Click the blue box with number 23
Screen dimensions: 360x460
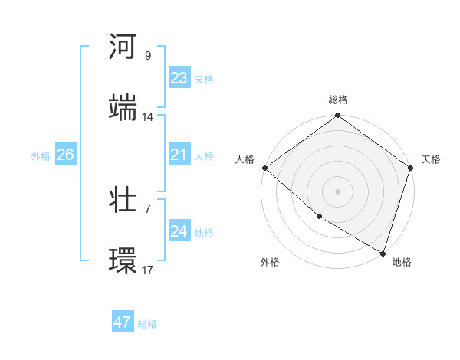(x=179, y=78)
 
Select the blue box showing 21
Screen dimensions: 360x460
(x=179, y=155)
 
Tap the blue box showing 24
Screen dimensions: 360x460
(x=179, y=231)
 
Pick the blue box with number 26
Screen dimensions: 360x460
(x=65, y=155)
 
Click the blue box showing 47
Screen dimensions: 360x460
(x=123, y=322)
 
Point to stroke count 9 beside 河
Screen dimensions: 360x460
(x=148, y=56)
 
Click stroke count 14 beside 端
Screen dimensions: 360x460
(x=148, y=117)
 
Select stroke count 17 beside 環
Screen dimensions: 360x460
(x=148, y=270)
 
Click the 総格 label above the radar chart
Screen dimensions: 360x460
(x=338, y=100)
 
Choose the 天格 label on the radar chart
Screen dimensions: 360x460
(x=431, y=159)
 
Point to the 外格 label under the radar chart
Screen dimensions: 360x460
(x=270, y=262)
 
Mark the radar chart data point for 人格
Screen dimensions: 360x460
(x=264, y=168)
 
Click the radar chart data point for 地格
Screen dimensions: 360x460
(x=382, y=252)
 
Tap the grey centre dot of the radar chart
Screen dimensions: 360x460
(x=338, y=191)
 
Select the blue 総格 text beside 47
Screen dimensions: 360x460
(x=147, y=324)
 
